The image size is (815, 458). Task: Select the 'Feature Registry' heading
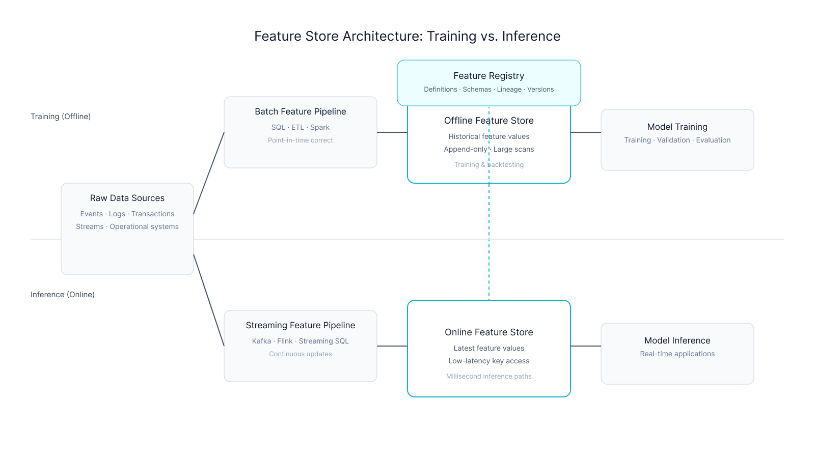click(488, 76)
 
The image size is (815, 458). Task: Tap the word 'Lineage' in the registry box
click(509, 90)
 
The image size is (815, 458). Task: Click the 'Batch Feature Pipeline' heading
click(300, 111)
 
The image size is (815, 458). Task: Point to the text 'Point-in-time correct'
click(300, 140)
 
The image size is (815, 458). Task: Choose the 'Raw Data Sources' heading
click(127, 198)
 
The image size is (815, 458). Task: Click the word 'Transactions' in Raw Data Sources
click(153, 214)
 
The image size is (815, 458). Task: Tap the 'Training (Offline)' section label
click(61, 117)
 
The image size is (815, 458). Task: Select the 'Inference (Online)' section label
click(63, 295)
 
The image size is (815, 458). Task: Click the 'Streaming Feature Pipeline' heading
click(300, 325)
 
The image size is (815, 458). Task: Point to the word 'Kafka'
click(261, 341)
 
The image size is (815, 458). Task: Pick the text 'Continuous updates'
click(300, 354)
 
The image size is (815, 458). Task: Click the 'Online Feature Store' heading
click(488, 332)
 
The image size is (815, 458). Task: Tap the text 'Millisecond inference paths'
click(488, 377)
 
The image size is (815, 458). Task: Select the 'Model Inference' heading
click(677, 340)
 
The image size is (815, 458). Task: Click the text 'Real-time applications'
click(677, 354)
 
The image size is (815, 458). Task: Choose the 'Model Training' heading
click(677, 127)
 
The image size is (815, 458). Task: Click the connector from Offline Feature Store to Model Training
click(586, 132)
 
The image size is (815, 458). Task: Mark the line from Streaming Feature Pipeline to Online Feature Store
click(392, 346)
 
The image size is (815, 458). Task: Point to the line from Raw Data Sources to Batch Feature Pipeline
click(209, 173)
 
